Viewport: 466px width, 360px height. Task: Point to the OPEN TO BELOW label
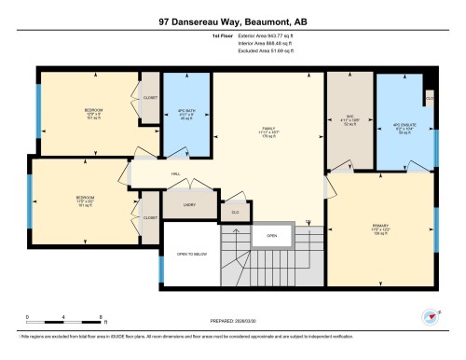[x=191, y=253]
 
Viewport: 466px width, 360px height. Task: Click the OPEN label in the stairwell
[x=271, y=236]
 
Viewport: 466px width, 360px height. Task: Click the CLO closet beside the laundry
[x=235, y=212]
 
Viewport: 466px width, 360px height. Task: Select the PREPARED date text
[x=233, y=321]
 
